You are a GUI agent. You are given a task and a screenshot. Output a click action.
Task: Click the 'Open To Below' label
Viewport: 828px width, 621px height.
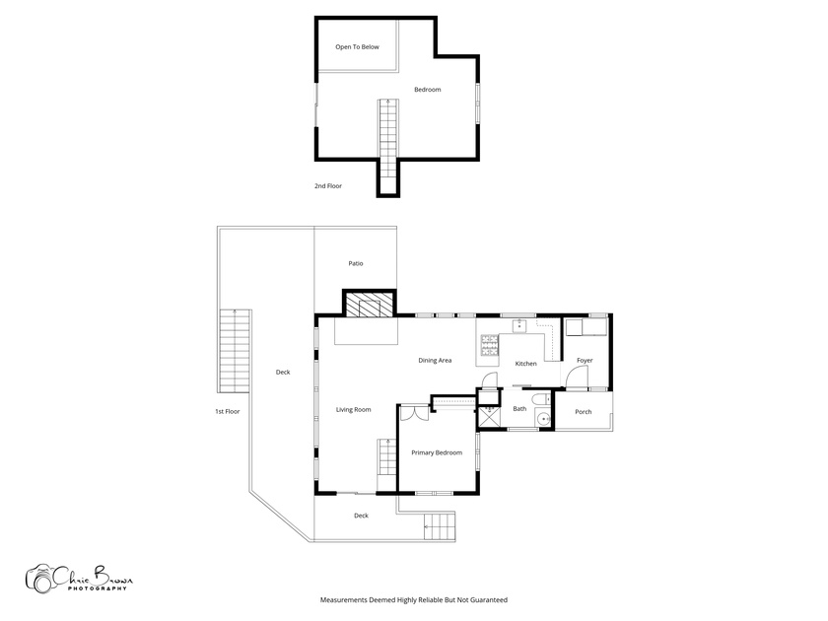(x=357, y=47)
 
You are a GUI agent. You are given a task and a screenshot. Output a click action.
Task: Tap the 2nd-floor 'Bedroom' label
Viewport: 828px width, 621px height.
(x=427, y=90)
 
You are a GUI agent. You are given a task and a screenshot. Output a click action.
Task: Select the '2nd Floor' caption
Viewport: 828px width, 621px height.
(x=328, y=186)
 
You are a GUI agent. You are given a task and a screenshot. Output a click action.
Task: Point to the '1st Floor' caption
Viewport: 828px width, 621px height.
(x=227, y=411)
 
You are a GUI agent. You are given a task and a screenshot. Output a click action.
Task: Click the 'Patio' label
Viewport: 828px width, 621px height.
(x=356, y=263)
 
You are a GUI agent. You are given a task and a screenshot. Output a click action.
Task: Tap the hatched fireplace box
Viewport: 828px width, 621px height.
(x=370, y=305)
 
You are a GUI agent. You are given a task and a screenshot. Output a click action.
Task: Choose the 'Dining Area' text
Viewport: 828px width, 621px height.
(x=435, y=361)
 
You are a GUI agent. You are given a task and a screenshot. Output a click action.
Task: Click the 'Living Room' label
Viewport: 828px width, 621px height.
(x=353, y=410)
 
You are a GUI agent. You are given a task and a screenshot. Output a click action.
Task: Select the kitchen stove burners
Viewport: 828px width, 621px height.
(x=489, y=344)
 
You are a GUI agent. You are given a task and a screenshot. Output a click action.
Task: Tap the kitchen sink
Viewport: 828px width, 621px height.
(x=519, y=324)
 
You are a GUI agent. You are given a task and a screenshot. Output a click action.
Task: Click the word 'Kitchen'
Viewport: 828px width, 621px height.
(x=526, y=364)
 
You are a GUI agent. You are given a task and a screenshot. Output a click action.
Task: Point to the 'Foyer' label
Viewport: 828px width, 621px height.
(x=585, y=360)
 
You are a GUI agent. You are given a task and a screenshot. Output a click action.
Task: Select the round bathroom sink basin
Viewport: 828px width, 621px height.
(x=543, y=419)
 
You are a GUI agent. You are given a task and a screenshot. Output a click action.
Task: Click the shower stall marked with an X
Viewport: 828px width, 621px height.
(x=489, y=418)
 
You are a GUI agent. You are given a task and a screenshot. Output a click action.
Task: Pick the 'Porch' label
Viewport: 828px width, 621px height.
(x=584, y=412)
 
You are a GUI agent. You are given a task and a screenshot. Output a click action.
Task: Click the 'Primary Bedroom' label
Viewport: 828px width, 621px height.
(x=437, y=453)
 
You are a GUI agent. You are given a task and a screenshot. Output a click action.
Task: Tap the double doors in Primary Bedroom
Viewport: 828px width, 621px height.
(x=414, y=412)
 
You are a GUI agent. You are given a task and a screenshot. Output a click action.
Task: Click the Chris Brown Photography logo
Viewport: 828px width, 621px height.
(x=79, y=579)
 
